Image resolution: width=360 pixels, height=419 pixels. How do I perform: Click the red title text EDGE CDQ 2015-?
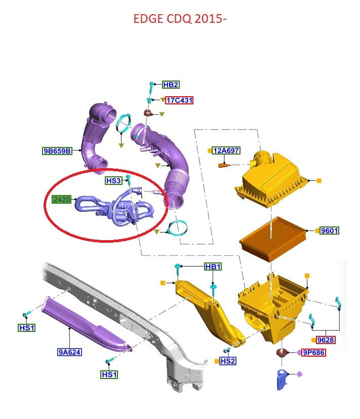[x=180, y=19]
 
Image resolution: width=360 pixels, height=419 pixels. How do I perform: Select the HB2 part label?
[x=171, y=85]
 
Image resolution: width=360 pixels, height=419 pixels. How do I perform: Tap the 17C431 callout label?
[x=179, y=100]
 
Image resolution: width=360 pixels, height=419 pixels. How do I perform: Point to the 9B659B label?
[x=57, y=151]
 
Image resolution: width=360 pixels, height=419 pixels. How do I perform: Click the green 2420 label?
[x=62, y=199]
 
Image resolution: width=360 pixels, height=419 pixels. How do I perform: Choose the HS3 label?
[x=113, y=181]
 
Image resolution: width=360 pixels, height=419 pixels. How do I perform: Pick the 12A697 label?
[x=226, y=150]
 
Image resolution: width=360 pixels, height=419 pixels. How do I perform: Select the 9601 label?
[x=329, y=231]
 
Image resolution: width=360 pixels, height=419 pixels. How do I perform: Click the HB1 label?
[x=213, y=266]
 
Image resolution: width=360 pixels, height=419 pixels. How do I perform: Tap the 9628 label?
[x=326, y=340]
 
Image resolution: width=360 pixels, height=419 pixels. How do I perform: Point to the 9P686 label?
[x=313, y=353]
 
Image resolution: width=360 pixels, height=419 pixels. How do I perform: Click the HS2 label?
[x=228, y=361]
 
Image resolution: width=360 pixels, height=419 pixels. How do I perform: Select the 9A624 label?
[x=69, y=352]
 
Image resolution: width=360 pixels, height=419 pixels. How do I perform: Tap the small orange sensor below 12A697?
[x=224, y=166]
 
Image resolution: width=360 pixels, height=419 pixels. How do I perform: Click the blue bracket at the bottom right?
[x=282, y=379]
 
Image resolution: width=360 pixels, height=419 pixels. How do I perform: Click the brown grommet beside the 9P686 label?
[x=282, y=353]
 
